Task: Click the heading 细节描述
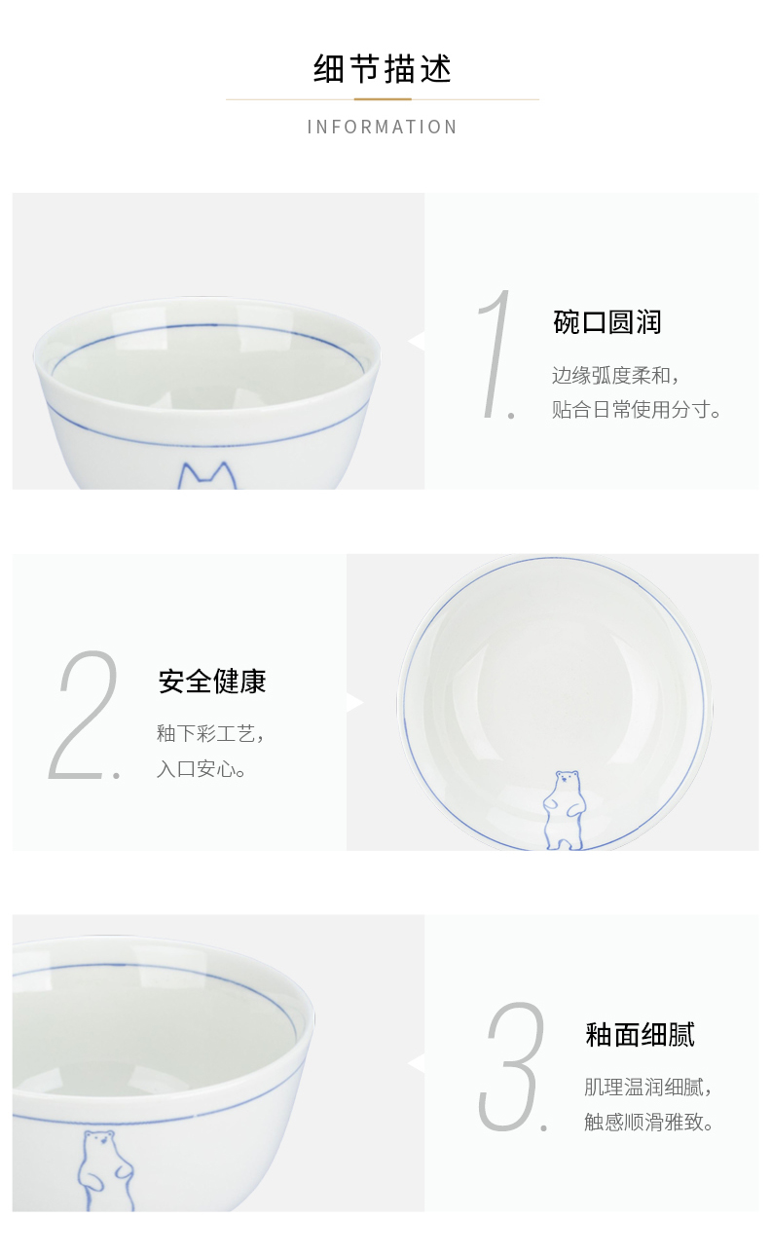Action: pos(383,69)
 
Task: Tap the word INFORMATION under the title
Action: pos(383,128)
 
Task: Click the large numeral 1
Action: pos(496,354)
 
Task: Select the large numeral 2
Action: pos(85,715)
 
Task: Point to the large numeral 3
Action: pos(513,1067)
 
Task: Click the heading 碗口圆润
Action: pos(606,322)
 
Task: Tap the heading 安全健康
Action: pos(212,682)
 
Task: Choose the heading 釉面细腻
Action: pos(640,1034)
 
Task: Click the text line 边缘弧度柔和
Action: pos(615,376)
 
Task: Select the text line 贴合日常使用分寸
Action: pos(636,410)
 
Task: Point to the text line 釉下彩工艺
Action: pos(210,733)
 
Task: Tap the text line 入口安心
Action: pos(202,769)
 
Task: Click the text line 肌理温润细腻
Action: pos(647,1087)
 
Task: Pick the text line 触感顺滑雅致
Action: pos(648,1122)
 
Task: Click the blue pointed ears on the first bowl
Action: pos(206,476)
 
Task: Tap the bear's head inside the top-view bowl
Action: pos(567,779)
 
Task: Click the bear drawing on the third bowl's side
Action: pos(106,1170)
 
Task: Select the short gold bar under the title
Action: pos(383,99)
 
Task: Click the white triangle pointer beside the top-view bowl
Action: pos(354,702)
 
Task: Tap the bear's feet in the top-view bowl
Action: pos(564,843)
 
